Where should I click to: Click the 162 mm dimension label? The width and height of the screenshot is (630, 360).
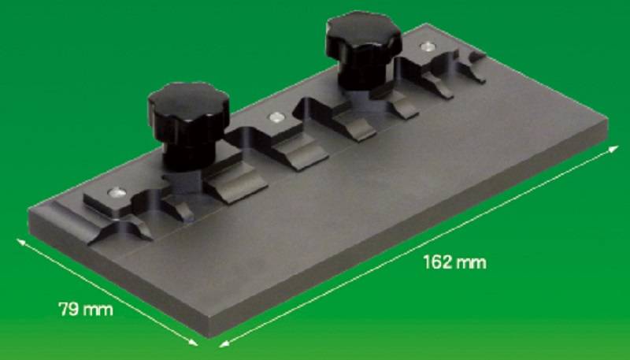pos(455,262)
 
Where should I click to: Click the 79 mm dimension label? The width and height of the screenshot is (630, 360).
pos(86,310)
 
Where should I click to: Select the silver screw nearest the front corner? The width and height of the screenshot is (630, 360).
pos(117,193)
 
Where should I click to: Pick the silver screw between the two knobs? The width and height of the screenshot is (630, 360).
pos(276,117)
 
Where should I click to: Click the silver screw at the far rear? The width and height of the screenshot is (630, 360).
pos(428,46)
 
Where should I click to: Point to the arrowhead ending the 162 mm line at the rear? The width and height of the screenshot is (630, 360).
pos(613,150)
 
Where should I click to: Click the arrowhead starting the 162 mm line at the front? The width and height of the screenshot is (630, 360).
pos(224,343)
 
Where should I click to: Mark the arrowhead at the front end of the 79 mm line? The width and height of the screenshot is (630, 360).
pos(193,342)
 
